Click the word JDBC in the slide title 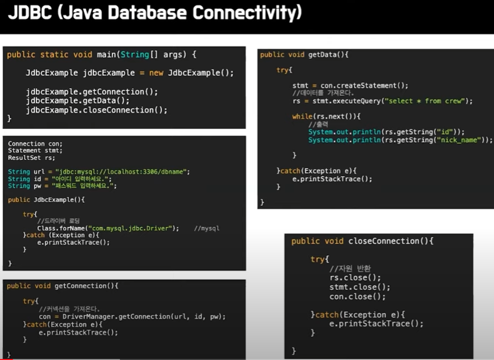(x=30, y=12)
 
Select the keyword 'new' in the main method (x=156, y=73)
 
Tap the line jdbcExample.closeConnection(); (x=97, y=110)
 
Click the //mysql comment (x=207, y=228)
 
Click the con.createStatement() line (x=350, y=86)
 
